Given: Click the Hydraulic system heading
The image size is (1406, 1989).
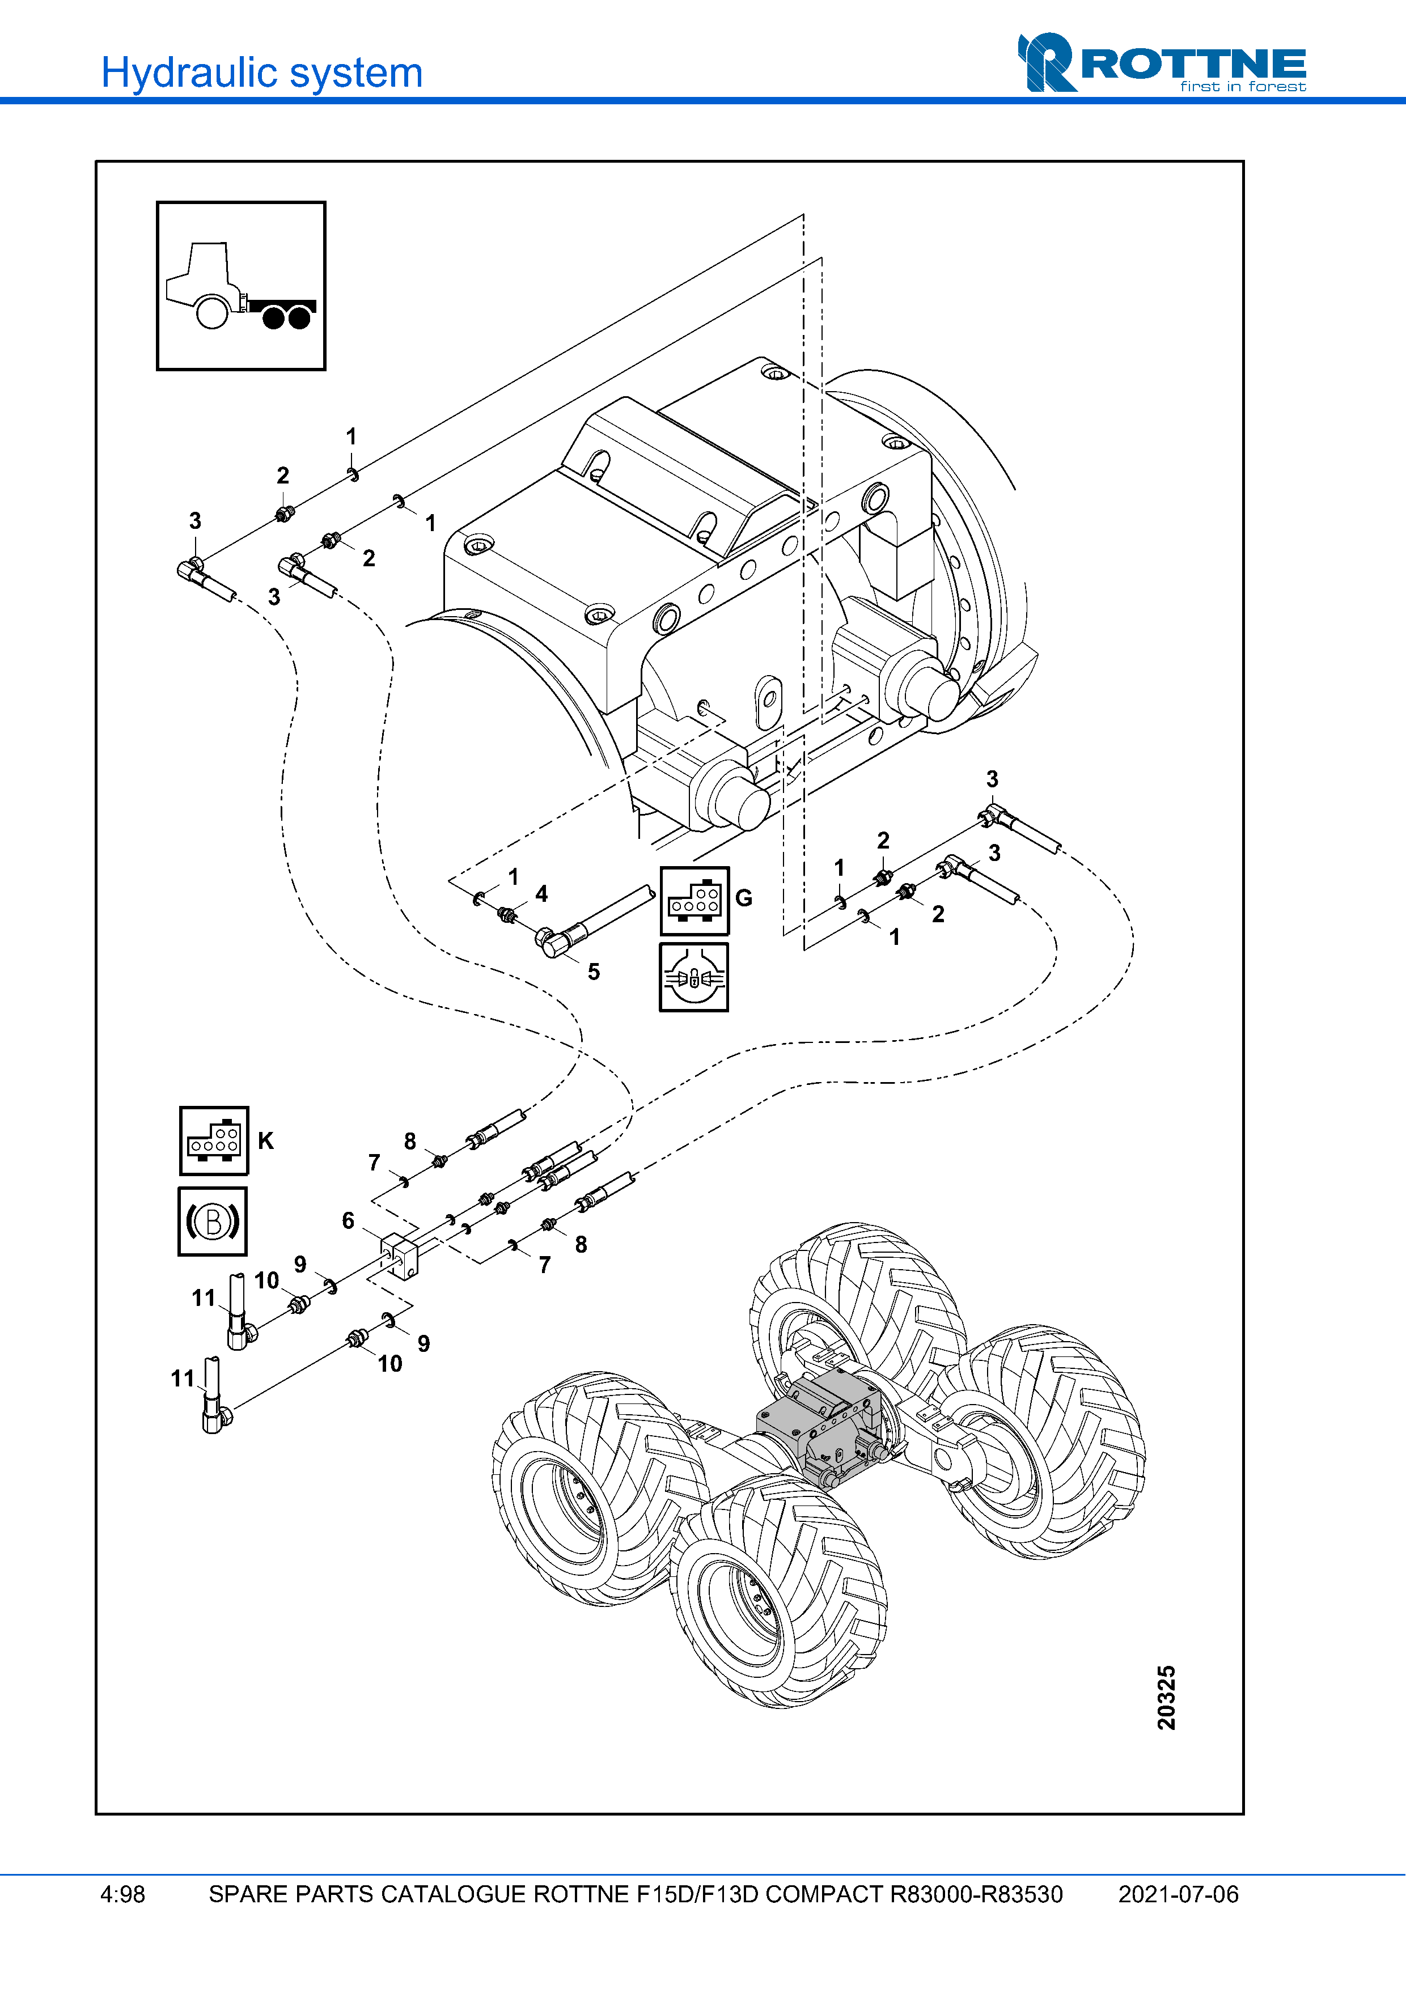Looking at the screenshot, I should (261, 73).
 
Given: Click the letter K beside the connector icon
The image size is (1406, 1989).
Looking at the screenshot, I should (266, 1141).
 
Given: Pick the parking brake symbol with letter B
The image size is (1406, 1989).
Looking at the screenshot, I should (212, 1222).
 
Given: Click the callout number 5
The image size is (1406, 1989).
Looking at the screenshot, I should (594, 972).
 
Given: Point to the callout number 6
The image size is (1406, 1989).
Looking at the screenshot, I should (348, 1220).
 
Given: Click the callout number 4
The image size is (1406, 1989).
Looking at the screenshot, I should (541, 894).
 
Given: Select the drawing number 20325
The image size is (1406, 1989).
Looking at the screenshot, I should (1166, 1697).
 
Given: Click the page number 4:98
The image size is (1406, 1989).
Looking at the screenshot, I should (122, 1894).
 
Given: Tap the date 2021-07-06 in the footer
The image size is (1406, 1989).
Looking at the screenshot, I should (1178, 1894).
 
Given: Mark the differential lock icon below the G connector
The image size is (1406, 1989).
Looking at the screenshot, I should (694, 978).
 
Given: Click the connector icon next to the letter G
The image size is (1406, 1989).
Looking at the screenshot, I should (694, 900).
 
